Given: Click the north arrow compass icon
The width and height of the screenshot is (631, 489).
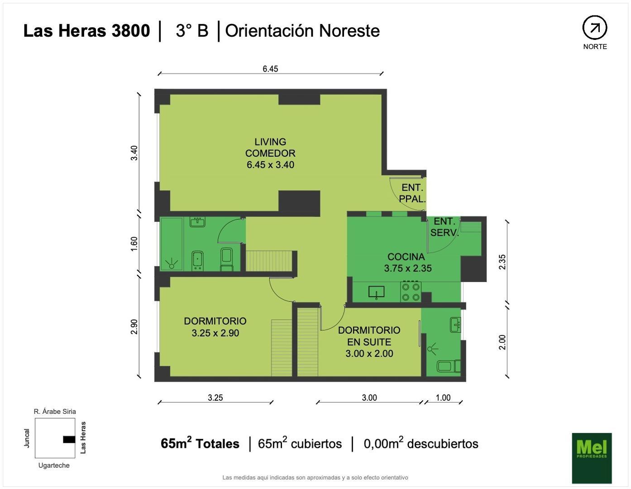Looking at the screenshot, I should click(x=594, y=28).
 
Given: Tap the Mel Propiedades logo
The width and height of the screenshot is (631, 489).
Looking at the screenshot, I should click(x=592, y=458).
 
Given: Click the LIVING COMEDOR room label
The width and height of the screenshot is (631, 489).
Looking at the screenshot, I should click(x=270, y=153).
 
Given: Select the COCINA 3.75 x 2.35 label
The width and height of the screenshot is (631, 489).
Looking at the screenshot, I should click(x=407, y=263).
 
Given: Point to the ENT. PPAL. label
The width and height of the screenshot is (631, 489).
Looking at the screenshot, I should click(x=412, y=193).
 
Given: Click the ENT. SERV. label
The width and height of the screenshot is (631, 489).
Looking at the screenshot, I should click(x=445, y=227).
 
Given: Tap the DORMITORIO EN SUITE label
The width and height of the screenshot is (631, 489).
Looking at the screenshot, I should click(x=369, y=341).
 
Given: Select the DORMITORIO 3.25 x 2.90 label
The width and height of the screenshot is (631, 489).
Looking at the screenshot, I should click(x=215, y=326).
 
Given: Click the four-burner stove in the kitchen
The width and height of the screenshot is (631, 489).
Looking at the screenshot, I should click(x=411, y=292).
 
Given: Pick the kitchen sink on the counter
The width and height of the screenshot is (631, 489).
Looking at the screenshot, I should click(x=376, y=292).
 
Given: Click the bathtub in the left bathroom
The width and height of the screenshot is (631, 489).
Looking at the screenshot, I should click(x=172, y=244).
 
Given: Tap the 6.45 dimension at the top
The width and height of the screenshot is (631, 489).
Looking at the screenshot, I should click(x=270, y=69).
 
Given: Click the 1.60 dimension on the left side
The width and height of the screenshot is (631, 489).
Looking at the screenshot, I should click(x=134, y=244).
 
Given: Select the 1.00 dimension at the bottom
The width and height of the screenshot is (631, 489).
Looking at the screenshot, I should click(x=443, y=398).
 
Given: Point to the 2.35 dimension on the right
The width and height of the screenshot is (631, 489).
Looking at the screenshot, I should click(x=502, y=262).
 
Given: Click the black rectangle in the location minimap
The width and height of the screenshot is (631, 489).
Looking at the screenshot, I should click(x=69, y=439).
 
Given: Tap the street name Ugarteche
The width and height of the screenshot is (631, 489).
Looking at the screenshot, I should click(x=54, y=465).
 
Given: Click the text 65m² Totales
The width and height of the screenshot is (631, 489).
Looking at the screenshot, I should click(x=200, y=443).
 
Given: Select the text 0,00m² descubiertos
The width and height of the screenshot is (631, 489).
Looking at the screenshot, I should click(x=421, y=443).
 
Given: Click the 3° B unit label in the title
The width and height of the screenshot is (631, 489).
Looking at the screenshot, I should click(x=192, y=31).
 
